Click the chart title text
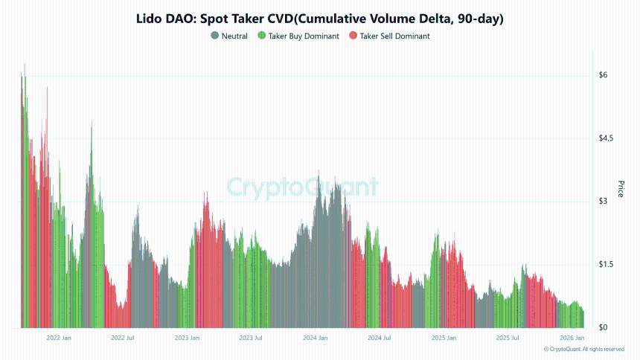pos(320,19)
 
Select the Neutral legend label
pos(234,36)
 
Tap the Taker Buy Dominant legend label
pos(303,36)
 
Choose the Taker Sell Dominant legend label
pos(394,36)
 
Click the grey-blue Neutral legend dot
pos(215,36)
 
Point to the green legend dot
pos(261,36)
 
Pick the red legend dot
pos(353,36)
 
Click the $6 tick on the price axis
pos(604,75)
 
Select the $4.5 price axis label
pos(607,138)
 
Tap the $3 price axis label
pos(604,202)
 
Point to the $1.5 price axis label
pos(607,265)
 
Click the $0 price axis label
pos(604,328)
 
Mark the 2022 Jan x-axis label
pos(58,338)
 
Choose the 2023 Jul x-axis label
pos(250,338)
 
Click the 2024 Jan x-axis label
pos(316,338)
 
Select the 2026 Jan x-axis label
pos(572,338)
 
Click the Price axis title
pos(621,188)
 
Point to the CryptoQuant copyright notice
pos(583,349)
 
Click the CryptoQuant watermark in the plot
pos(301,187)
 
